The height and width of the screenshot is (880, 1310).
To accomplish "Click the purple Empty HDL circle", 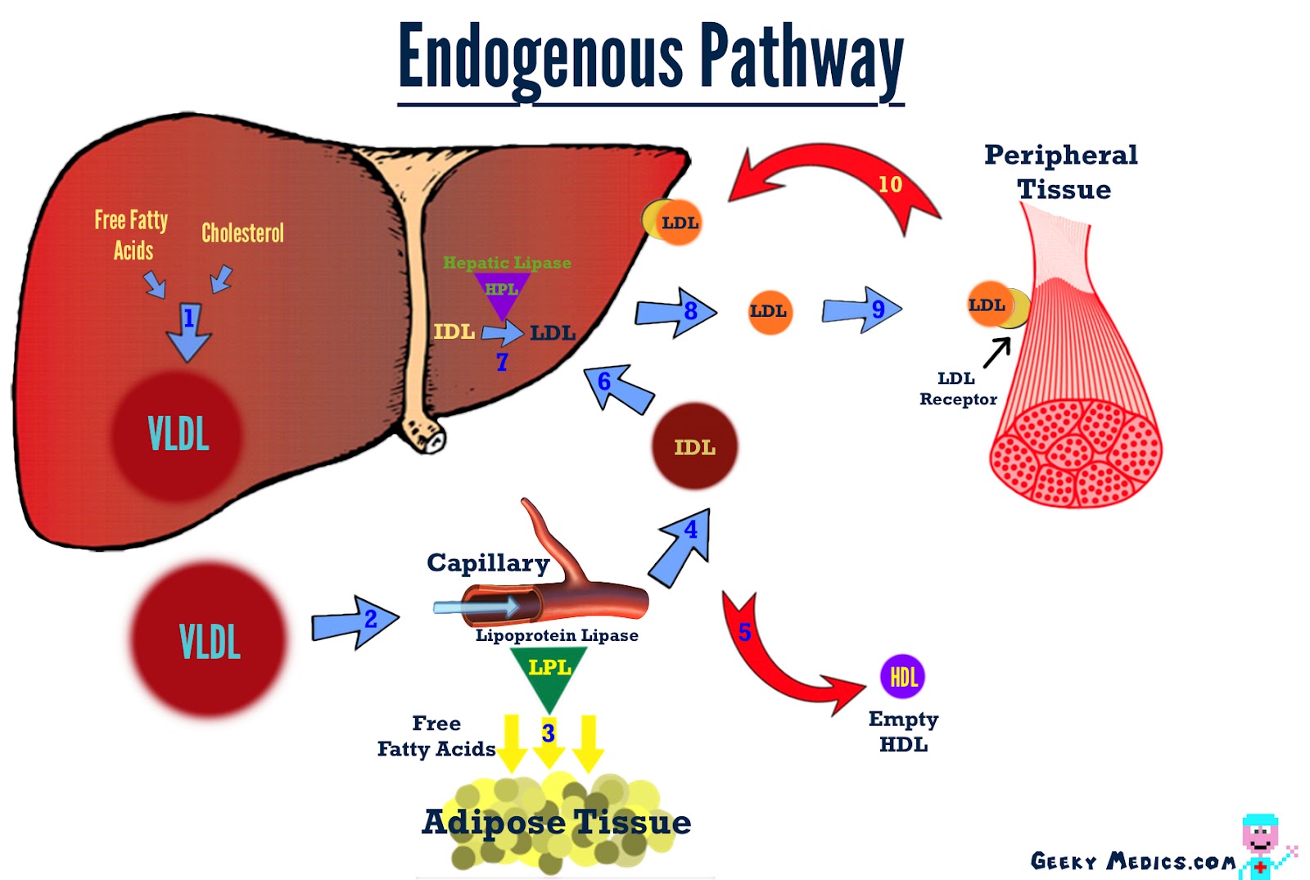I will [901, 676].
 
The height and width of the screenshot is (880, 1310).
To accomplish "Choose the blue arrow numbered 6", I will [619, 388].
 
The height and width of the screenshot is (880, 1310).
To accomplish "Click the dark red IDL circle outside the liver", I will [694, 446].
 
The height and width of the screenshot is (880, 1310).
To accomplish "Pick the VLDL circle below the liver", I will [209, 639].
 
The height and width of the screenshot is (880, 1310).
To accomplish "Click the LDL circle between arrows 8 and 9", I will [770, 311].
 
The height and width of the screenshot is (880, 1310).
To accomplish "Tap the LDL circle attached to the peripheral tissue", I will [989, 305].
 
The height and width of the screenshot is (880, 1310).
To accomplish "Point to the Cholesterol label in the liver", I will [242, 233].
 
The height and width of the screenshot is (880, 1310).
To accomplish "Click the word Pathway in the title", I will [802, 57].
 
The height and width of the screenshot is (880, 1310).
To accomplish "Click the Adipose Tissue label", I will [557, 822].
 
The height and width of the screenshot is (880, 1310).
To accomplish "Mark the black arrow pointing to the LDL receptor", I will [996, 353].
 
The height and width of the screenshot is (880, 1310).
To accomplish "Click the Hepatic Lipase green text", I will [507, 263].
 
